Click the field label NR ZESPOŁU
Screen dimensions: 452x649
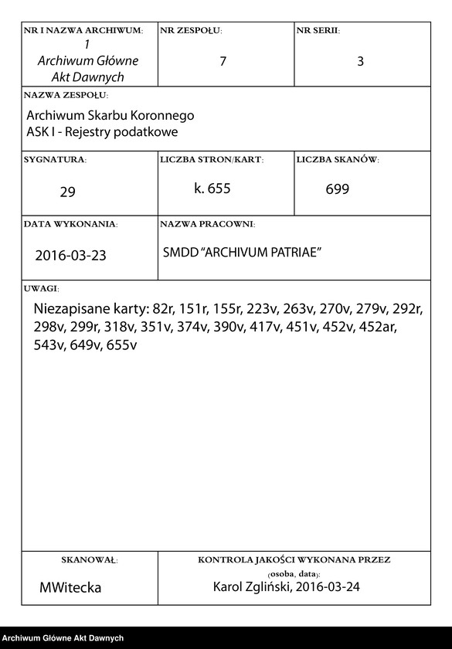191,31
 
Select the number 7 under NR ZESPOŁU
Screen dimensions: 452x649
223,61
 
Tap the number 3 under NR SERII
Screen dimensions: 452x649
360,61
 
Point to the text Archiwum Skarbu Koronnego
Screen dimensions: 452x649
110,115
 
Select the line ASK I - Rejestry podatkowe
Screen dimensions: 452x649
102,132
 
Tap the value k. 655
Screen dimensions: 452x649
212,188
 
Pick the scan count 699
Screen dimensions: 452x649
338,189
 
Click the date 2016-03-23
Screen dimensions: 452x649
71,256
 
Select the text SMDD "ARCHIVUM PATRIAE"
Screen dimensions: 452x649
242,253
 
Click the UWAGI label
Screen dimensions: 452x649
42,287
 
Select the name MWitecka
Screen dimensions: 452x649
70,587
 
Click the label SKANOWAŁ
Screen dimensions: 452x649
89,559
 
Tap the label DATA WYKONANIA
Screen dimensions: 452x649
70,224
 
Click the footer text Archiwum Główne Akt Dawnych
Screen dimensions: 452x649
63,638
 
